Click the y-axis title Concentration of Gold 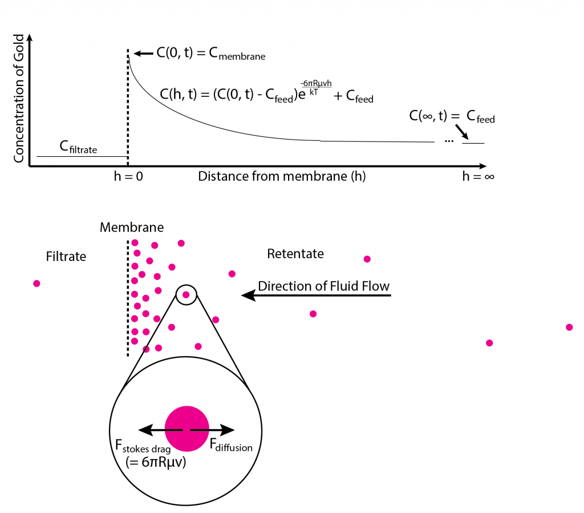click(19, 97)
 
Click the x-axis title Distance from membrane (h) click(282, 176)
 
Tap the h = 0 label click(128, 176)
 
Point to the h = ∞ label click(478, 176)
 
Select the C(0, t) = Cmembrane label click(211, 54)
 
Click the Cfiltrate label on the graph click(79, 149)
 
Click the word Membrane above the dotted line click(132, 227)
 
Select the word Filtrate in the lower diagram click(66, 256)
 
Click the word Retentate click(295, 254)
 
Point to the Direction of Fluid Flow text click(324, 286)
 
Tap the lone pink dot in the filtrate click(37, 283)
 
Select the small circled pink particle click(186, 295)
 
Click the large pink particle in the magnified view click(186, 429)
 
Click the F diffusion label click(231, 446)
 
